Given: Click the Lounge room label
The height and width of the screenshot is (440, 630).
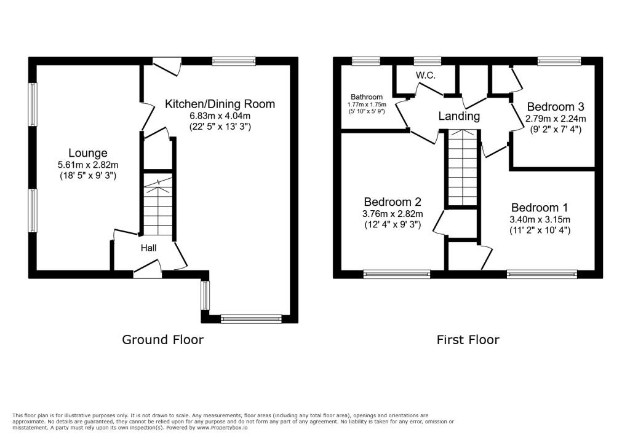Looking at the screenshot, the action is (x=88, y=153).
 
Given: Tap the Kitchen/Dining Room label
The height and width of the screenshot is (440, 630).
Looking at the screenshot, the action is (x=220, y=104).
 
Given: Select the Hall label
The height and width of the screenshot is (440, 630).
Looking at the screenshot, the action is (x=149, y=248).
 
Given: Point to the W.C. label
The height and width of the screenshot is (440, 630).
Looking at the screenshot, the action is (x=426, y=76).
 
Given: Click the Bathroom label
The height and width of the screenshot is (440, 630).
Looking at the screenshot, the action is (x=367, y=97).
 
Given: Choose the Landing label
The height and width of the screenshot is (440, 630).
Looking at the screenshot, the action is (x=459, y=116).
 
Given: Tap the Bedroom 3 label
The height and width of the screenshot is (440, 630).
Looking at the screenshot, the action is (x=556, y=107).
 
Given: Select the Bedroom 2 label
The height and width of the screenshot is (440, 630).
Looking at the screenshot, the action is (x=393, y=202).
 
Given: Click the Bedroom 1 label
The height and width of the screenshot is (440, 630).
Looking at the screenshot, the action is (x=540, y=208).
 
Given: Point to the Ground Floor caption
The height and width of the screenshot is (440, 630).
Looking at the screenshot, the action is (x=162, y=340).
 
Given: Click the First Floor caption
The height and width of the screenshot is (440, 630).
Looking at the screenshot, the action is (x=468, y=340).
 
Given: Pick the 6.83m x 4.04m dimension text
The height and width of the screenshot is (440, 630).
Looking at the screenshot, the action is (x=220, y=116).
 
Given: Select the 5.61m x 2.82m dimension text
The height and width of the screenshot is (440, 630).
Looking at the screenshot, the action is (x=88, y=165).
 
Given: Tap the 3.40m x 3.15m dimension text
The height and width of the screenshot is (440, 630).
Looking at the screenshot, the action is (x=540, y=219).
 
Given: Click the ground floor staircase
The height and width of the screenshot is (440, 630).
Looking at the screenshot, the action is (x=158, y=205).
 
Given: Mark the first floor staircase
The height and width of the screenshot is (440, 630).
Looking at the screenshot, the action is (x=463, y=168).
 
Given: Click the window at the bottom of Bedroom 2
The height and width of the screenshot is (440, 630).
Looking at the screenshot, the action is (x=397, y=274).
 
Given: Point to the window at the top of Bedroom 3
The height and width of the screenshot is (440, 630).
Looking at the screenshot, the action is (x=559, y=61).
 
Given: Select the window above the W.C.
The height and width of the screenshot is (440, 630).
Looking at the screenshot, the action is (x=428, y=61).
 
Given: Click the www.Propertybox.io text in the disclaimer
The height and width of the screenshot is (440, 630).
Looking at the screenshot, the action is (x=222, y=428).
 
